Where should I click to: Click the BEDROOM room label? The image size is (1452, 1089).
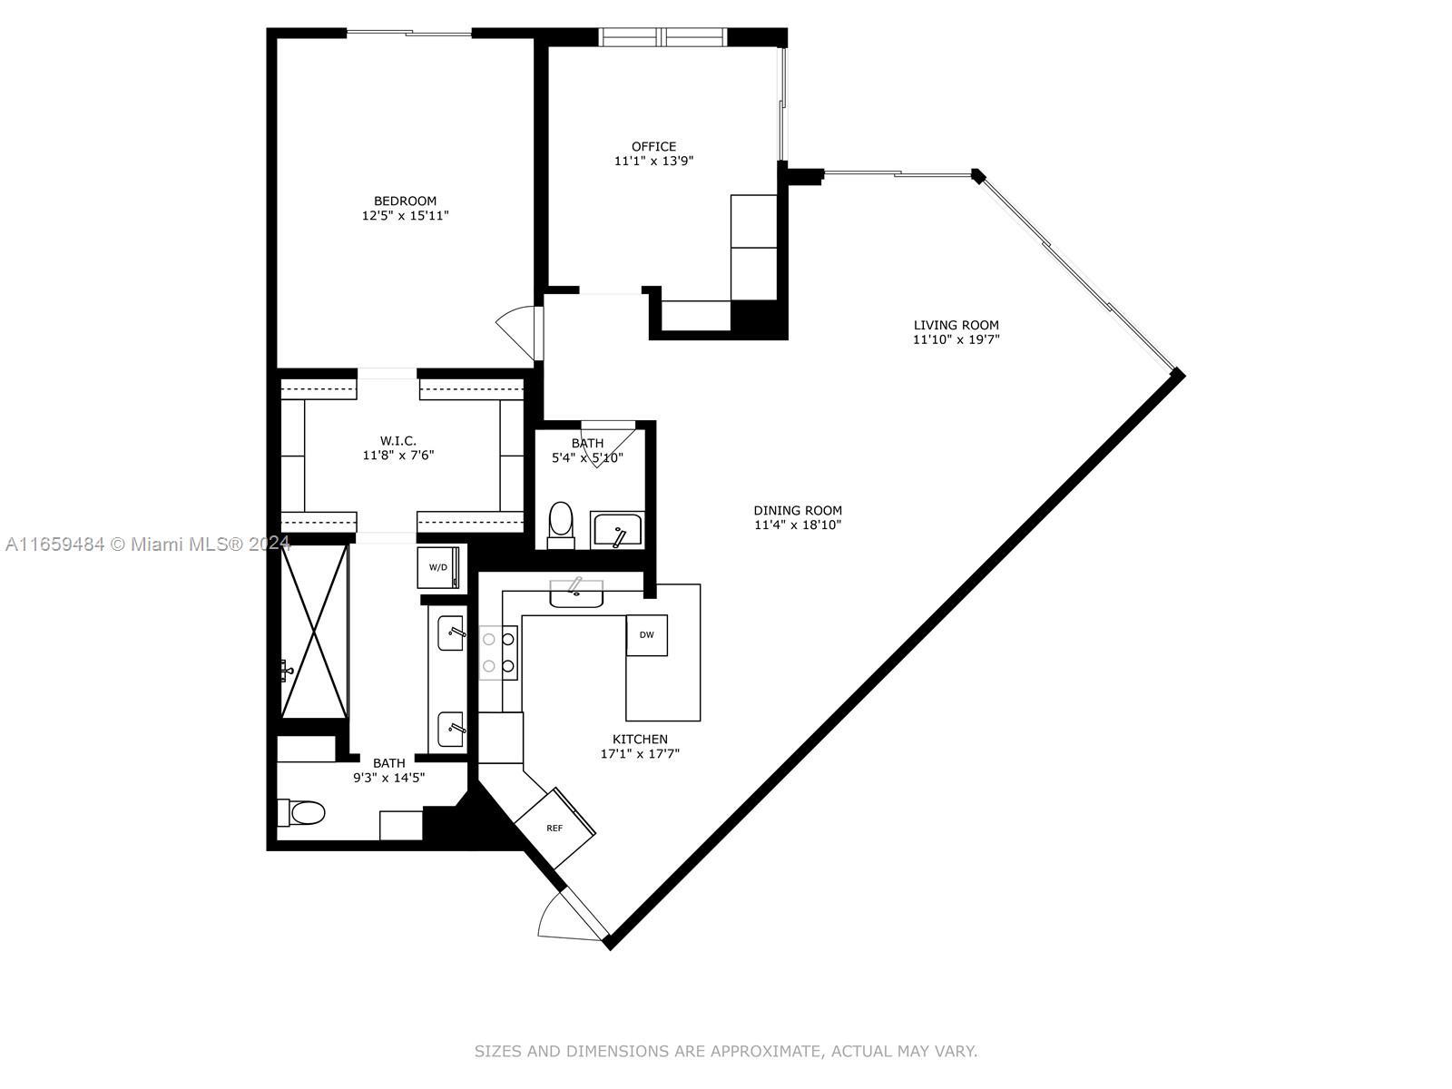coord(405,201)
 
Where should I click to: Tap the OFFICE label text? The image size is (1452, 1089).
coord(653,147)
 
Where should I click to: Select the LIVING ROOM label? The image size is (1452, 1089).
coord(956,325)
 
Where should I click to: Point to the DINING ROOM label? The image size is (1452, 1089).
coord(798,510)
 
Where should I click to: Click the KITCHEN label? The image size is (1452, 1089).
coord(640,740)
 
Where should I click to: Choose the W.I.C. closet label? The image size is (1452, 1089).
coord(398,440)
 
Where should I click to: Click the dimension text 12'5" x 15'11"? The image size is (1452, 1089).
coord(405,216)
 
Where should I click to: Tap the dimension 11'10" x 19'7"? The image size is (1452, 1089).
coord(956,339)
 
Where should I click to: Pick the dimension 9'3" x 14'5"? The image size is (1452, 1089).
coord(389,778)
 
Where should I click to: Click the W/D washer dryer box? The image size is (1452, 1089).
coord(438,567)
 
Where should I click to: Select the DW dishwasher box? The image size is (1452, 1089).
coord(647,635)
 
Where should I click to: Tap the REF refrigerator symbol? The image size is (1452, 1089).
coord(554,828)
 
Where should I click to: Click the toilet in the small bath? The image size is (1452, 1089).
coord(561,525)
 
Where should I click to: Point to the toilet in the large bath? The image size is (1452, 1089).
coord(301,812)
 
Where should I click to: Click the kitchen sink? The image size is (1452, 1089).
coord(576,593)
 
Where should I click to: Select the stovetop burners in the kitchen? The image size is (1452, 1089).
coord(498,652)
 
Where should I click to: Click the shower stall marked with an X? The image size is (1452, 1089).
coord(314,632)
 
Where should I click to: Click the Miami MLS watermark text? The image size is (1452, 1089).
coord(148,544)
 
